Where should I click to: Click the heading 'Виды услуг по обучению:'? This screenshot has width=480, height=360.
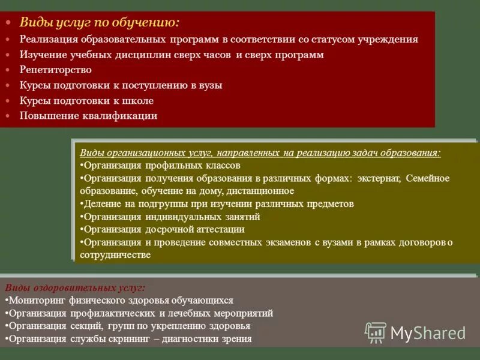click(99, 23)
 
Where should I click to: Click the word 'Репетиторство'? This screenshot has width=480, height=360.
click(55, 70)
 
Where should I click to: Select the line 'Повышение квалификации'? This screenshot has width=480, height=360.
click(88, 116)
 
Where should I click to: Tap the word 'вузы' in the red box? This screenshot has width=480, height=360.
click(210, 85)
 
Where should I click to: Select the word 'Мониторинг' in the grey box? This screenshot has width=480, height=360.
click(37, 300)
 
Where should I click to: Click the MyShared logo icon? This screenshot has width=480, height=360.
click(376, 332)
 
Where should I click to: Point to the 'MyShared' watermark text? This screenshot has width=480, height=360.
click(428, 333)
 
